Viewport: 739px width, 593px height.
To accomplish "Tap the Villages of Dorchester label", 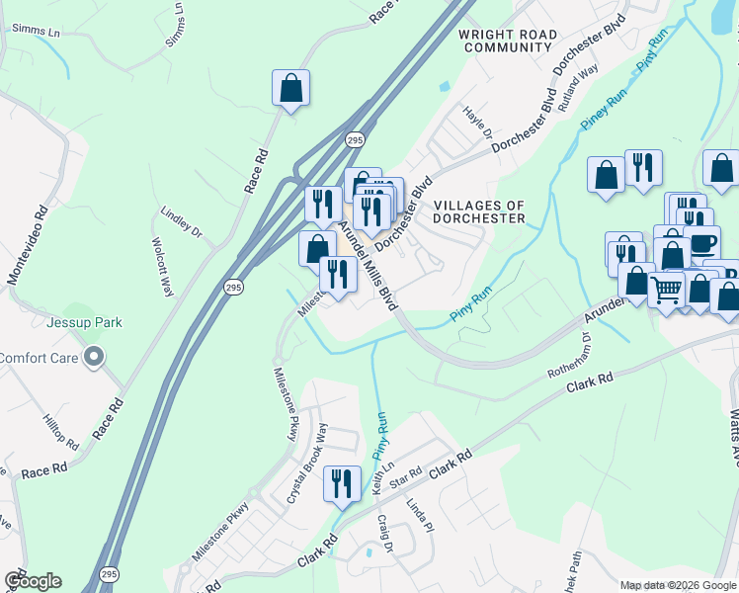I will pos(476,211).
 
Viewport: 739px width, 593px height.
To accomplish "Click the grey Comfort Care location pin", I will pos(94,356).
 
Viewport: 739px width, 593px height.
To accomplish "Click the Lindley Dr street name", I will pos(182,223).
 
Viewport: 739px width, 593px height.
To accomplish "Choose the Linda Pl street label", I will pos(420,515).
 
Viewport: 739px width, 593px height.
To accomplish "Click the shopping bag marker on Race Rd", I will pos(291,88).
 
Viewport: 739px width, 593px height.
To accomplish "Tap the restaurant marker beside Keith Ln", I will pos(342,483).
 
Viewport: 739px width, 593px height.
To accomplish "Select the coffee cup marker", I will pos(701,242).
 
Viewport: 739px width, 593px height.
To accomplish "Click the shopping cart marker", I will pos(667,290).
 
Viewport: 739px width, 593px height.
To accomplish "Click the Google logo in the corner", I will pos(33,581).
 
